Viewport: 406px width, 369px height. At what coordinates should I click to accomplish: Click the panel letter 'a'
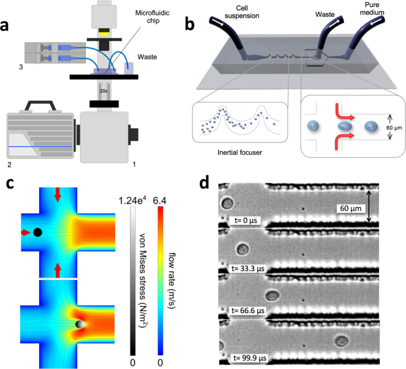point(8,26)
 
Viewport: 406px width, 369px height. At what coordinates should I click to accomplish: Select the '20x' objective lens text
point(104,91)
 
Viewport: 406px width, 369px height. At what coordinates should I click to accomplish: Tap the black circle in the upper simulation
point(38,233)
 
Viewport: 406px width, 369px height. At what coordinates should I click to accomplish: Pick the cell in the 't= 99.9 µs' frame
point(341,340)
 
